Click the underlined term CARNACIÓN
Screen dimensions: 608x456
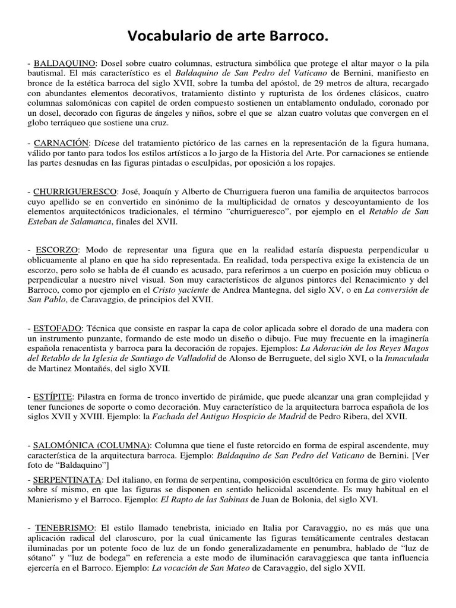[x=61, y=144]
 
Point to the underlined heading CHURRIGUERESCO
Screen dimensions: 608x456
[x=74, y=192]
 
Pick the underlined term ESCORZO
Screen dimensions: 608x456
[x=57, y=250]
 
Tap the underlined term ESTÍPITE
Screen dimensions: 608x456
[x=53, y=396]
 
